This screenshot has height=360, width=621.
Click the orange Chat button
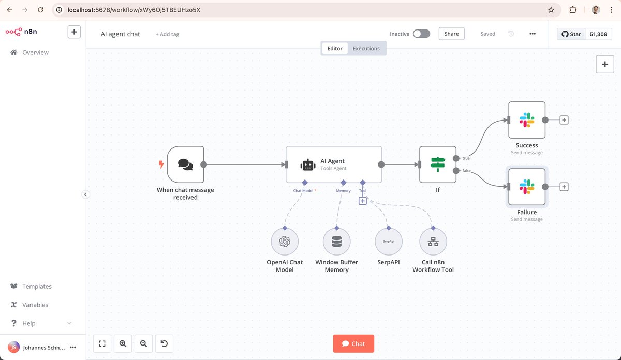(x=353, y=344)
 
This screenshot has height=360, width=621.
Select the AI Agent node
(x=334, y=164)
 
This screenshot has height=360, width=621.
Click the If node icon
(x=438, y=164)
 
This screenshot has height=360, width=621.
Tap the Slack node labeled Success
(x=527, y=120)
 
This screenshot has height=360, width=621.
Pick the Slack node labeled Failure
(x=527, y=187)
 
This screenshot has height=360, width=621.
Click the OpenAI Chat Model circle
(x=285, y=242)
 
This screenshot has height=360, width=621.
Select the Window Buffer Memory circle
(x=337, y=242)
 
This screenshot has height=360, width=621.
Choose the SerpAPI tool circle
(x=389, y=242)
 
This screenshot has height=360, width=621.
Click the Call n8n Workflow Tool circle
(x=433, y=242)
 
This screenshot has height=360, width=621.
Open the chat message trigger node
(x=185, y=164)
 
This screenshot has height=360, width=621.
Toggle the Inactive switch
(x=421, y=34)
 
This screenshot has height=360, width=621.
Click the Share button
(x=451, y=34)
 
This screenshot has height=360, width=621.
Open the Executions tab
(x=366, y=49)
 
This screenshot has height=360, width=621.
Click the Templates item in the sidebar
(x=37, y=286)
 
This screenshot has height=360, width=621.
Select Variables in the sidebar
(x=35, y=305)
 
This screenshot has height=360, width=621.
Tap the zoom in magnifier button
(x=123, y=343)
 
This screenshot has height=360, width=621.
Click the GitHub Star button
(x=571, y=34)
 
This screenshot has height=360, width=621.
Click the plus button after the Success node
(x=564, y=120)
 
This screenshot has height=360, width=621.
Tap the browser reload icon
(x=41, y=10)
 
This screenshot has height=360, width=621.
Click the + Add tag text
(x=167, y=34)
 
